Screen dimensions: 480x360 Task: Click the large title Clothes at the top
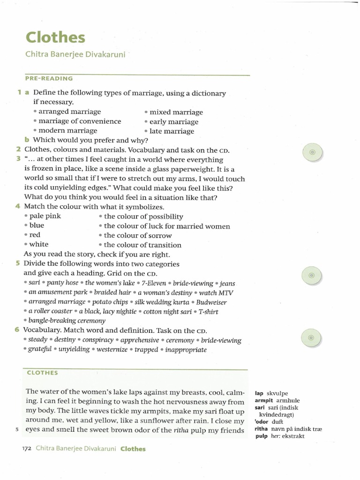(x=55, y=37)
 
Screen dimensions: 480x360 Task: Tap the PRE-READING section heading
(x=49, y=79)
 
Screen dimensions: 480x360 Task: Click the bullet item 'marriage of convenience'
(x=79, y=121)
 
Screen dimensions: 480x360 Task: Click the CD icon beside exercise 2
(x=313, y=153)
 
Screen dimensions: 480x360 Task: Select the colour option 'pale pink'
(x=45, y=216)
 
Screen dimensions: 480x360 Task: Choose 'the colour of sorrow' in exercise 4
(x=137, y=235)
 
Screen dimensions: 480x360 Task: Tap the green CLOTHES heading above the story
(x=42, y=373)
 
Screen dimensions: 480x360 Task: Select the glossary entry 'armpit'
(x=264, y=401)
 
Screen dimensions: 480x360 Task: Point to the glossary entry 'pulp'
(x=261, y=436)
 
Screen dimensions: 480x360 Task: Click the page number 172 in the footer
(x=26, y=449)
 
